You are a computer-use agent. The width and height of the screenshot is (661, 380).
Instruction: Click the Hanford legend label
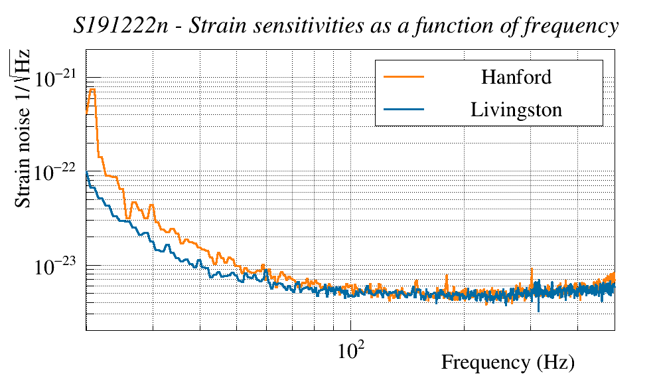tap(516, 77)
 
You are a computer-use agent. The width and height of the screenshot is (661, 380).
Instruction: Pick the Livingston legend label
tap(516, 110)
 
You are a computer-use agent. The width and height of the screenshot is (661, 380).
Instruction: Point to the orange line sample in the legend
tap(404, 77)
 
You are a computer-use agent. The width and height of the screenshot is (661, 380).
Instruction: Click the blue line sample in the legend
tap(404, 110)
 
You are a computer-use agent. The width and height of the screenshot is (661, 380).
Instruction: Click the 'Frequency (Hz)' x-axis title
tap(507, 363)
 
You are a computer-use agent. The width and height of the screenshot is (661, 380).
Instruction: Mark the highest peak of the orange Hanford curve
tap(92, 90)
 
